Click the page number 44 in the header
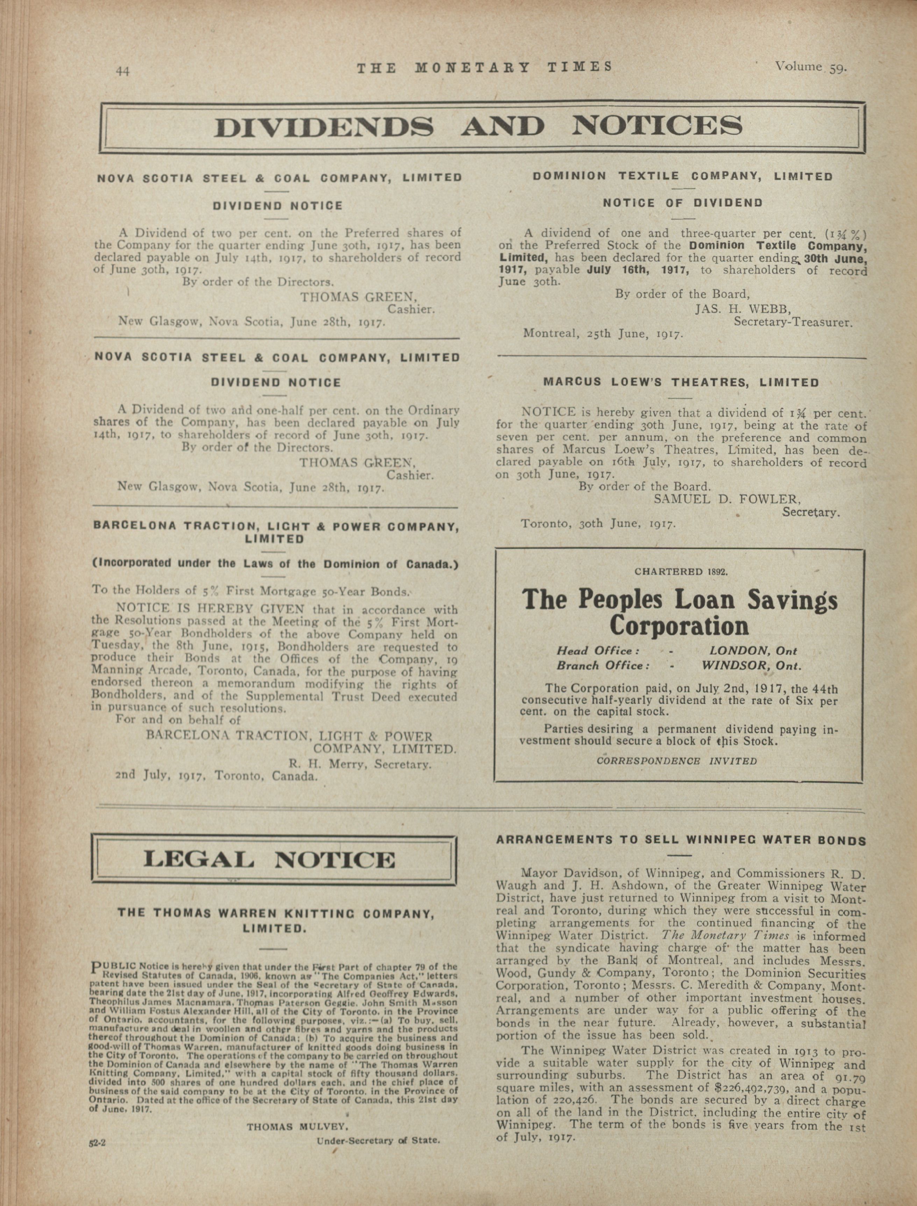[x=123, y=71]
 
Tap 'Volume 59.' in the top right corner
[x=811, y=68]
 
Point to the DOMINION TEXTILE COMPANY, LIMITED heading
[x=682, y=176]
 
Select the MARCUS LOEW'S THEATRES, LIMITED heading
[x=681, y=383]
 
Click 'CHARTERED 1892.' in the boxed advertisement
[x=681, y=572]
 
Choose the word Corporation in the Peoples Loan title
[x=679, y=626]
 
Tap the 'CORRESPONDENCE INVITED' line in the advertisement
[x=677, y=761]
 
